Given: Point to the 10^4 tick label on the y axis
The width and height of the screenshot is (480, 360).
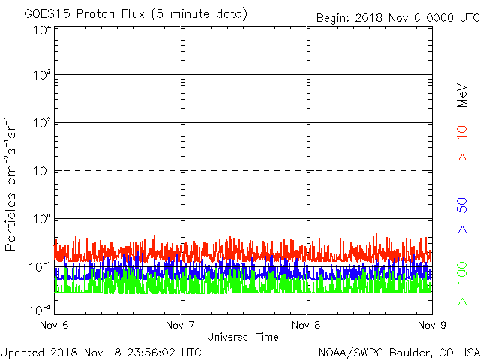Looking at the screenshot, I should tap(42, 30).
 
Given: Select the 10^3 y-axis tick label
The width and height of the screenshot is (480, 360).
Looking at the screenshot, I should tap(42, 75).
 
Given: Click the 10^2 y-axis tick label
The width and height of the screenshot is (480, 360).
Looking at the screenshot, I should tap(42, 122).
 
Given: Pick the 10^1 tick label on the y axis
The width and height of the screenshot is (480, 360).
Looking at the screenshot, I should tap(42, 170).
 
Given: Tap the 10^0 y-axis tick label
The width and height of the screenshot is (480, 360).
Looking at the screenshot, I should tap(42, 218).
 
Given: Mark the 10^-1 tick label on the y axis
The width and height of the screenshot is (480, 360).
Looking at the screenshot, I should tap(40, 265).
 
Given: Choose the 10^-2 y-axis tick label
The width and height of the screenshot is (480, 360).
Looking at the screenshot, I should tap(40, 309).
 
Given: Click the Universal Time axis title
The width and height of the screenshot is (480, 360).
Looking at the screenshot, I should tap(243, 337).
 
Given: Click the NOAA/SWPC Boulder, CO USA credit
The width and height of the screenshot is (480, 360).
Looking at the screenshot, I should tap(398, 352).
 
